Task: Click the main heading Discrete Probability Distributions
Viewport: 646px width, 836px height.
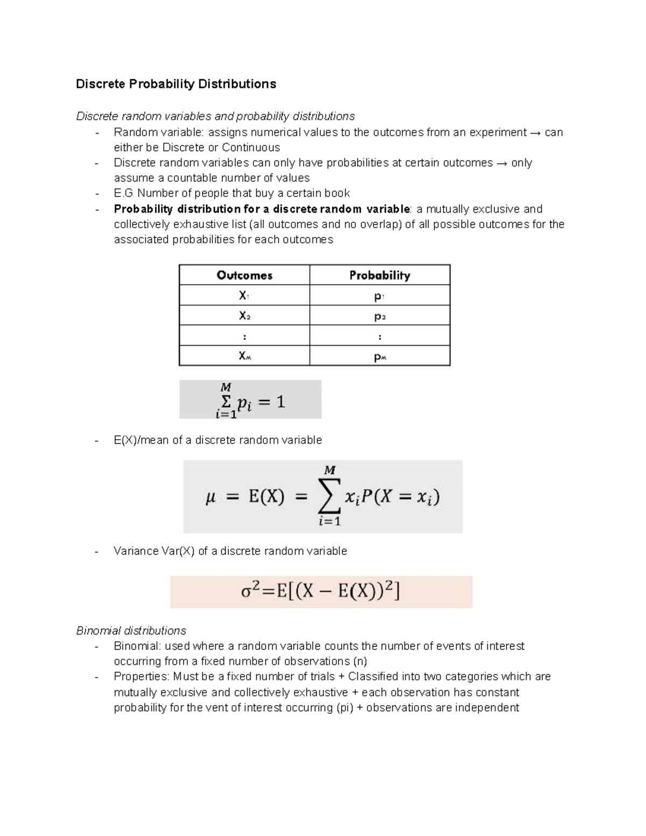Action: tap(175, 84)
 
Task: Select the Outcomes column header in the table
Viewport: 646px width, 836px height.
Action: tap(244, 275)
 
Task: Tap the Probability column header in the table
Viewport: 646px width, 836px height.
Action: tap(380, 275)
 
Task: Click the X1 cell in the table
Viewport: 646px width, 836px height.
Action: tap(244, 296)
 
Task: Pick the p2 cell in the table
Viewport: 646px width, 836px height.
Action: tap(380, 316)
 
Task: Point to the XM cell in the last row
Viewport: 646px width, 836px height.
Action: tap(244, 356)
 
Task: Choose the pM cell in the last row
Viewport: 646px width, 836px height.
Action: tap(380, 356)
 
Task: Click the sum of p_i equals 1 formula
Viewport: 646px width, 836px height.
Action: tap(250, 400)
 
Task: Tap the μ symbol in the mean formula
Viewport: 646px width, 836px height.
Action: tap(210, 497)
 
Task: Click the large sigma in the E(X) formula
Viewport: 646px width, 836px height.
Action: tap(329, 497)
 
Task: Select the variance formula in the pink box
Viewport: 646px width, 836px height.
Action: tap(321, 592)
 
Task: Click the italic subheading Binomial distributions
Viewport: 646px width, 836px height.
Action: tap(131, 630)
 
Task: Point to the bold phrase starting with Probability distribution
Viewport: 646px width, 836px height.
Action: tap(262, 209)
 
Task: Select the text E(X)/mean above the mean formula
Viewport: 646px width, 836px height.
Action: tap(141, 440)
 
